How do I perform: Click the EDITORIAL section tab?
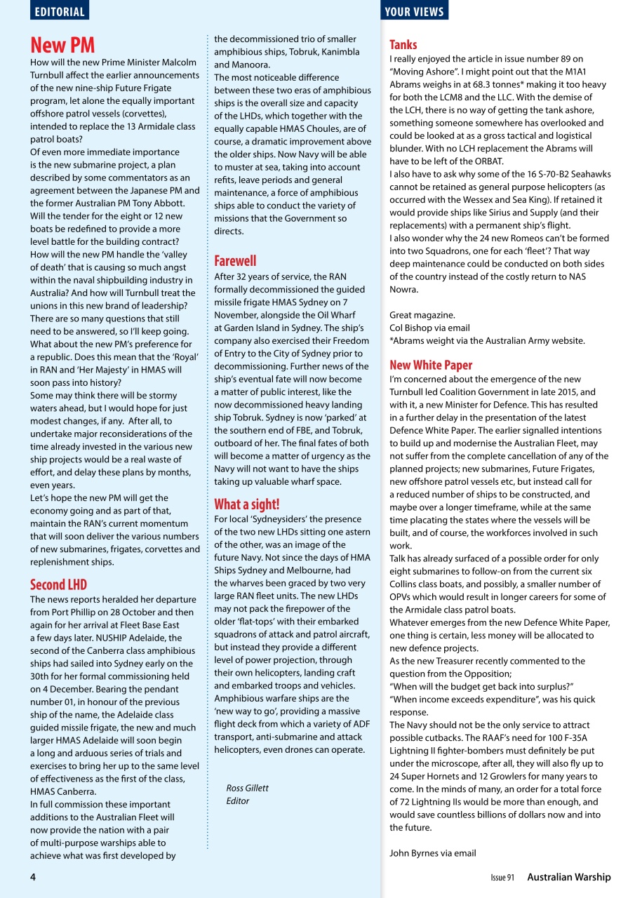click(x=60, y=11)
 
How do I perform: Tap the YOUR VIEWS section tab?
click(x=415, y=11)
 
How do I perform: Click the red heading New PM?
click(x=62, y=46)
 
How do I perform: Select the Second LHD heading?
click(x=58, y=584)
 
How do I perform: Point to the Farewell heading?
click(x=235, y=261)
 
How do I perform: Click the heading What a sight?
click(x=246, y=504)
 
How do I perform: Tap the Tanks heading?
click(x=403, y=44)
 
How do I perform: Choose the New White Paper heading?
click(x=431, y=365)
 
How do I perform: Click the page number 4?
click(x=33, y=877)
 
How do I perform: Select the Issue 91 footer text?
click(x=502, y=878)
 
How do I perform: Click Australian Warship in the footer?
click(x=569, y=877)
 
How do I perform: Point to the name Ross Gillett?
click(x=247, y=788)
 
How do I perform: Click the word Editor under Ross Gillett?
click(x=238, y=800)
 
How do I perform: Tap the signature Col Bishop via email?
click(x=429, y=328)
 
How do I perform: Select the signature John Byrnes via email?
click(x=432, y=853)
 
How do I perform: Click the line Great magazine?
click(x=422, y=315)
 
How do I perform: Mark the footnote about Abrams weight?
click(x=487, y=340)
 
